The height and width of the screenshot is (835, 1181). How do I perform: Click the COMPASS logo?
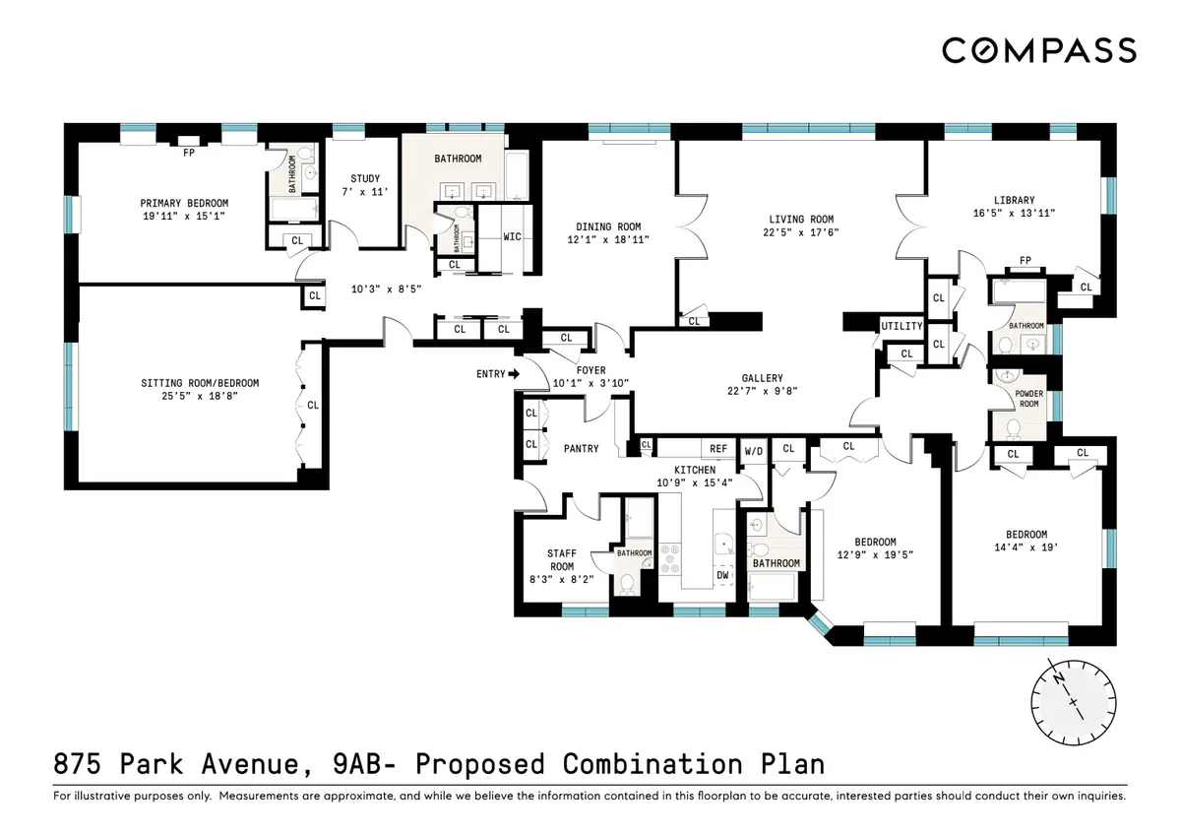click(1038, 50)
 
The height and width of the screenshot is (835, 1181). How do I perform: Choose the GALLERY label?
click(762, 378)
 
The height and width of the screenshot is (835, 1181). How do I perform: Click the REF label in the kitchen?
click(718, 449)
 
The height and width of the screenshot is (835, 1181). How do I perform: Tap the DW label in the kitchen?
click(722, 575)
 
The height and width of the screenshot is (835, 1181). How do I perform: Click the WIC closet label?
click(512, 237)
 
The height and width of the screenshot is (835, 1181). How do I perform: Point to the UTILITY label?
click(901, 326)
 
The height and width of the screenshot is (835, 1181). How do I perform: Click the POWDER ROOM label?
click(1028, 398)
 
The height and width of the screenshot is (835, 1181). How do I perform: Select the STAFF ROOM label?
click(561, 559)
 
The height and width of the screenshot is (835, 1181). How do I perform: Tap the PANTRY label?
click(581, 449)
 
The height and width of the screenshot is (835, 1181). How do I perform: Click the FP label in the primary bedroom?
click(187, 153)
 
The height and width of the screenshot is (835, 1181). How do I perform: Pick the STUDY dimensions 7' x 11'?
click(364, 193)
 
